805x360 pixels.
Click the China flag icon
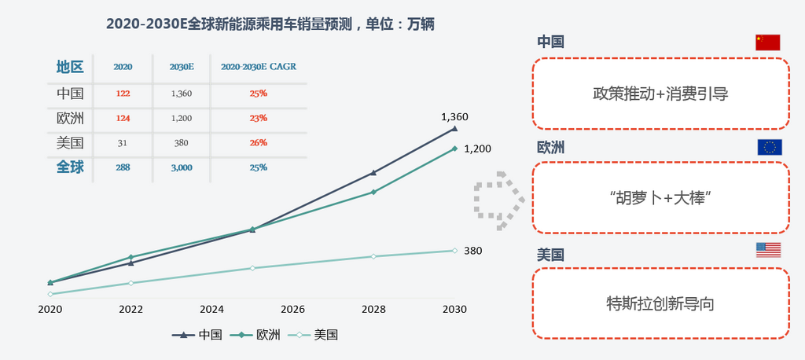(x=767, y=42)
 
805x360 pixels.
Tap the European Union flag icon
(x=769, y=147)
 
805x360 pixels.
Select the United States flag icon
(x=768, y=250)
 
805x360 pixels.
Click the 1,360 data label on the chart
(x=454, y=117)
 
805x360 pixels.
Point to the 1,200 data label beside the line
(x=477, y=148)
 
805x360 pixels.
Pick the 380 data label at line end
(x=472, y=251)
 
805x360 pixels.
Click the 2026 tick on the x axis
(x=292, y=310)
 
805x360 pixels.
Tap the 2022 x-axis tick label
(x=130, y=310)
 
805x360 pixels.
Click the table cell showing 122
(x=122, y=93)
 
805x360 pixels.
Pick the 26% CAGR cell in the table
(x=259, y=142)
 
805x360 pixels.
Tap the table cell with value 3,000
(x=182, y=167)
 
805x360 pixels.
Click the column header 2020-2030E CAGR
(x=259, y=68)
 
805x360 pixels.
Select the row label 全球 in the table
(x=70, y=167)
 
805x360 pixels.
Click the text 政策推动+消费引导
(x=660, y=94)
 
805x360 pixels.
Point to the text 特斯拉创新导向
(x=660, y=303)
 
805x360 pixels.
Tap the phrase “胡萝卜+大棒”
(x=660, y=198)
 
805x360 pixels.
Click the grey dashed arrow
(x=498, y=203)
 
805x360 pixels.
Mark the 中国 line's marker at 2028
(x=373, y=173)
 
